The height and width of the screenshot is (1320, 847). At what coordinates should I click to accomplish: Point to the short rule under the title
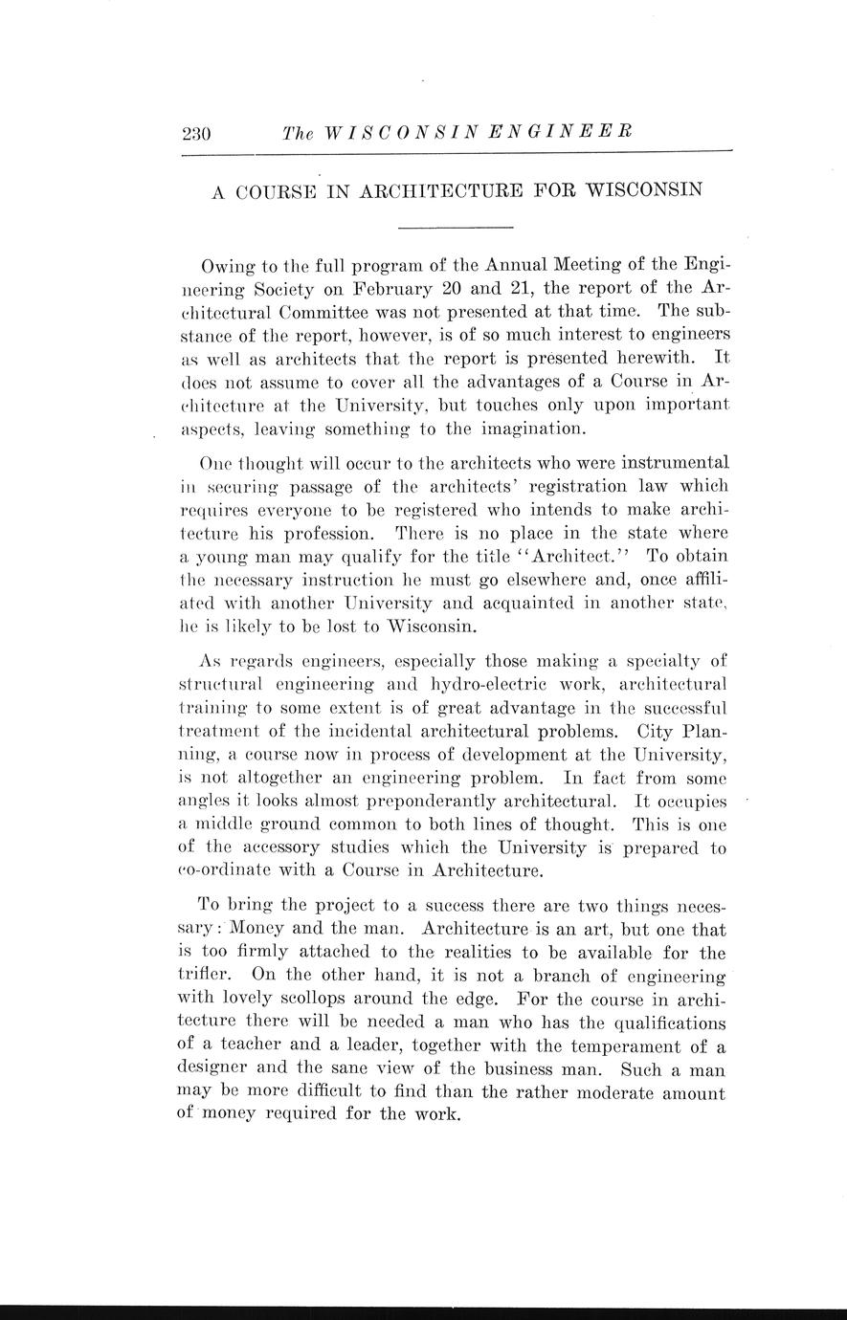(x=456, y=227)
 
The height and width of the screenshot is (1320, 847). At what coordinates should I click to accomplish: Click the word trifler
(x=204, y=975)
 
